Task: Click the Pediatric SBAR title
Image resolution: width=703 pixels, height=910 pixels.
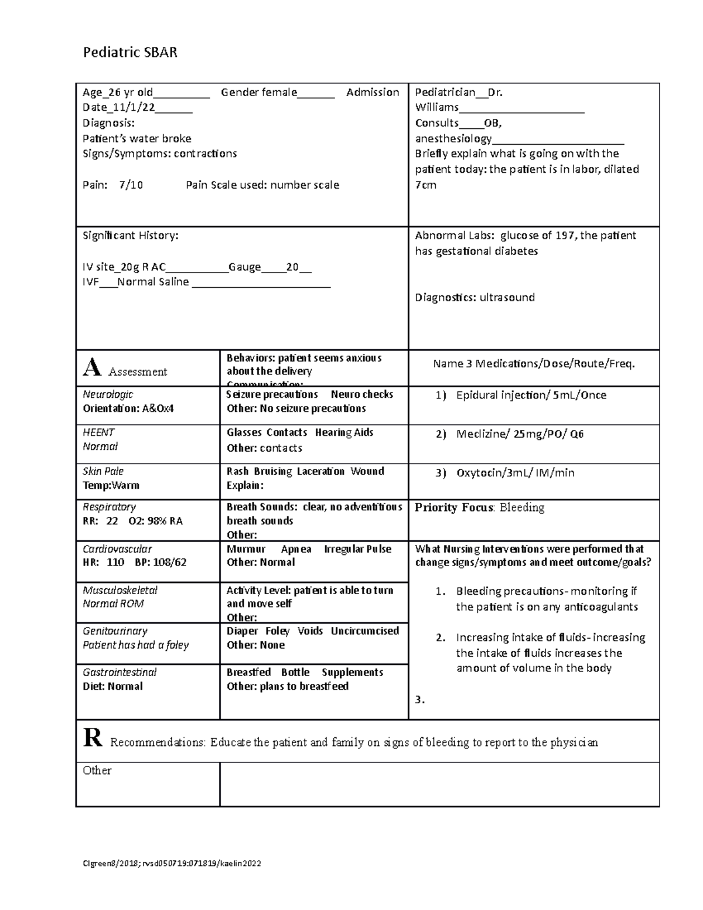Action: (130, 53)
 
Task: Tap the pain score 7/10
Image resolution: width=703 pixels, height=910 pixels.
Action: (131, 185)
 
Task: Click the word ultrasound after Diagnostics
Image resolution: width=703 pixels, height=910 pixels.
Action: (507, 298)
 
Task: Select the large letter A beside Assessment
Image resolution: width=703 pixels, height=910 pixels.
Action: (92, 368)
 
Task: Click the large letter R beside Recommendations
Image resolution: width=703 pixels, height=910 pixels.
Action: (93, 738)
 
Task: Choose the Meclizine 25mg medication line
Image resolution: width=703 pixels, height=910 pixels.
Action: (520, 434)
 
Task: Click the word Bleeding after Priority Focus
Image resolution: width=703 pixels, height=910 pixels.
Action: (521, 507)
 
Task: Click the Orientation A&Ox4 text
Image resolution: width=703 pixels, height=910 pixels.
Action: (128, 408)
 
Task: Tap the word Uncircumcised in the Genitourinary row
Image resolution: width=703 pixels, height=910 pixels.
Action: (364, 631)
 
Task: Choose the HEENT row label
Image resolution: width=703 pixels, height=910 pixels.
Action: (98, 432)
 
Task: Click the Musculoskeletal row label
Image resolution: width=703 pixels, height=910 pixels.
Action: (120, 591)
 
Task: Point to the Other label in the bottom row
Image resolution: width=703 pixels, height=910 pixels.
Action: (97, 771)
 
